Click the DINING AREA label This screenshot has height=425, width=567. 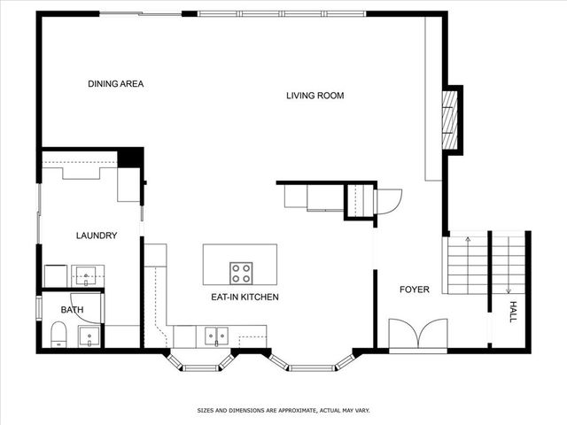115,84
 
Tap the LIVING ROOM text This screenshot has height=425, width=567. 315,96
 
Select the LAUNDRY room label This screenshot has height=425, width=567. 97,236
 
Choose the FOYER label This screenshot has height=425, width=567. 414,290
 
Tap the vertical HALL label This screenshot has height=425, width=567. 512,311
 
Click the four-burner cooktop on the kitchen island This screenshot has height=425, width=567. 241,272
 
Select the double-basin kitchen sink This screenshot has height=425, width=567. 216,336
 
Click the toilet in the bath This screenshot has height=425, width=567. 58,335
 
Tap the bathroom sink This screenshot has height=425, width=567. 89,336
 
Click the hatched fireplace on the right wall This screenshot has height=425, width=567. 452,120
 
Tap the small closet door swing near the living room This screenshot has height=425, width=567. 389,202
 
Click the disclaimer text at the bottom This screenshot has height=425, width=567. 283,411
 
